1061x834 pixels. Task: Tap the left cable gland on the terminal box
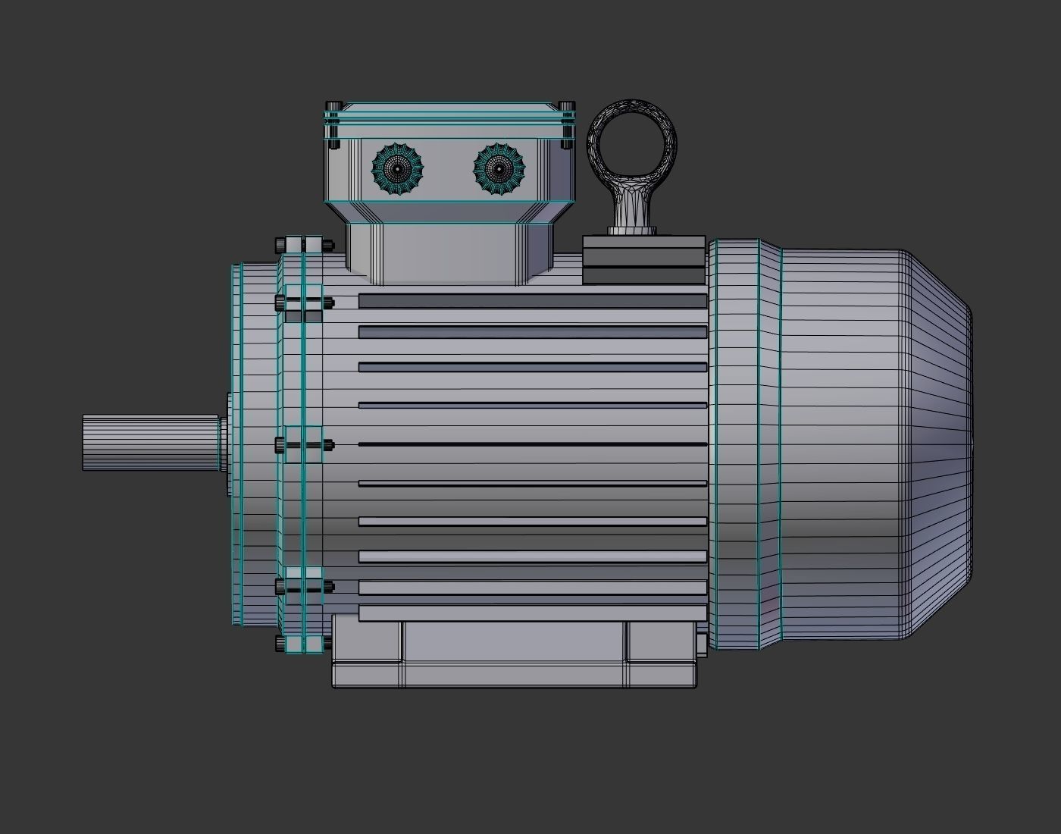tap(397, 170)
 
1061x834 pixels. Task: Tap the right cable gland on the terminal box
tap(499, 170)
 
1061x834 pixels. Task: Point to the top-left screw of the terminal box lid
tap(333, 106)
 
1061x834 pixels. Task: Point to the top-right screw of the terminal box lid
tap(566, 106)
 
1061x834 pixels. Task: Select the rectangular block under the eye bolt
tap(644, 259)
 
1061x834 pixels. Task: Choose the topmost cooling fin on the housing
tap(532, 301)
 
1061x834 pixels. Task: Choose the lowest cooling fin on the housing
tap(532, 613)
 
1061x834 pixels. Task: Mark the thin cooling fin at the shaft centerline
tap(532, 444)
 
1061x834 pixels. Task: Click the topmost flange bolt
tap(304, 245)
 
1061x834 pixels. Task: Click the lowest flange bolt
tap(304, 644)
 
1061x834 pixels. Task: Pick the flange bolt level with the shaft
tap(304, 444)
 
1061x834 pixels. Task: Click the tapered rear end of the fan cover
tap(940, 444)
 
